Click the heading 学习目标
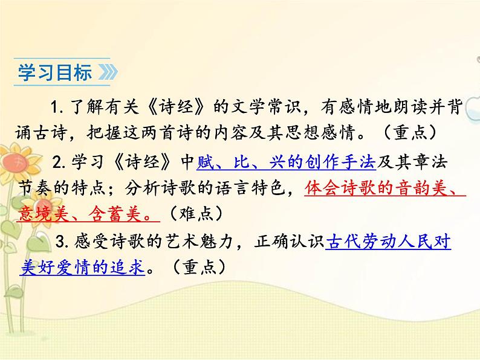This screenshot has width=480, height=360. point(55,73)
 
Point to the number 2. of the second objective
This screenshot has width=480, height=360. point(59,162)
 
